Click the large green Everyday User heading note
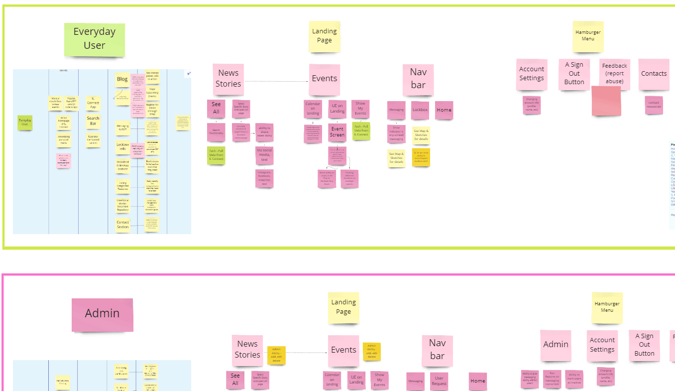click(x=95, y=39)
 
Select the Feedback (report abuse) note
click(x=614, y=74)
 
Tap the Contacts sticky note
click(x=654, y=74)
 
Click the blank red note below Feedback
click(x=606, y=101)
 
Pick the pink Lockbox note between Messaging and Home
click(x=420, y=110)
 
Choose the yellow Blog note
click(x=122, y=79)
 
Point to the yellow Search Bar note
click(x=93, y=121)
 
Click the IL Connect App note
click(x=93, y=103)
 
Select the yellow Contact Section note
click(x=122, y=225)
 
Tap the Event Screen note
click(x=337, y=132)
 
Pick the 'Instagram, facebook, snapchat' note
click(x=264, y=178)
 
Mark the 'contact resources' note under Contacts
click(x=654, y=105)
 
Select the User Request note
click(x=439, y=381)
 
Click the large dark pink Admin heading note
click(x=102, y=314)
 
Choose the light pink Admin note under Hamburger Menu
click(x=556, y=345)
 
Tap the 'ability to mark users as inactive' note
click(x=574, y=379)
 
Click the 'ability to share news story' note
click(x=264, y=133)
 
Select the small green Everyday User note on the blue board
click(x=25, y=122)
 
